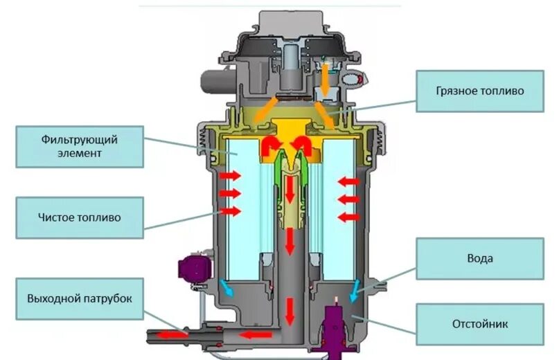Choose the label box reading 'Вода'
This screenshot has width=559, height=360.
(x=479, y=259)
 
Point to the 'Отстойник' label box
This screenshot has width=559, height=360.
(x=479, y=323)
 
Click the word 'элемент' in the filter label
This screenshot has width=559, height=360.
(x=80, y=153)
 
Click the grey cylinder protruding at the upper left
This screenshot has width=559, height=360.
(x=212, y=82)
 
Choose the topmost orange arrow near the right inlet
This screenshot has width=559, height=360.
(x=326, y=72)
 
